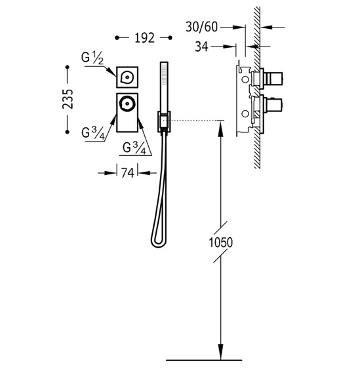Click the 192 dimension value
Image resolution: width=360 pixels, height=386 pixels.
pyautogui.click(x=144, y=38)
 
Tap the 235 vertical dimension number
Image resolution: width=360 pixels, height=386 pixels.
pyautogui.click(x=68, y=99)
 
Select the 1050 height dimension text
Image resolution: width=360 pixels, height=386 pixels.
pyautogui.click(x=220, y=242)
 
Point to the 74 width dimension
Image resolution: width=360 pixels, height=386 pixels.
pyautogui.click(x=127, y=173)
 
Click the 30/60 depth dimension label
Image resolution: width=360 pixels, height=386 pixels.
pyautogui.click(x=202, y=27)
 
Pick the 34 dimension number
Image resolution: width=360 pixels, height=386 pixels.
pyautogui.click(x=201, y=47)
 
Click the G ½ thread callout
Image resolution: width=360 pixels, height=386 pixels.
pyautogui.click(x=92, y=58)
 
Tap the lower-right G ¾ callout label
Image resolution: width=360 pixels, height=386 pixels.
pyautogui.click(x=134, y=149)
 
